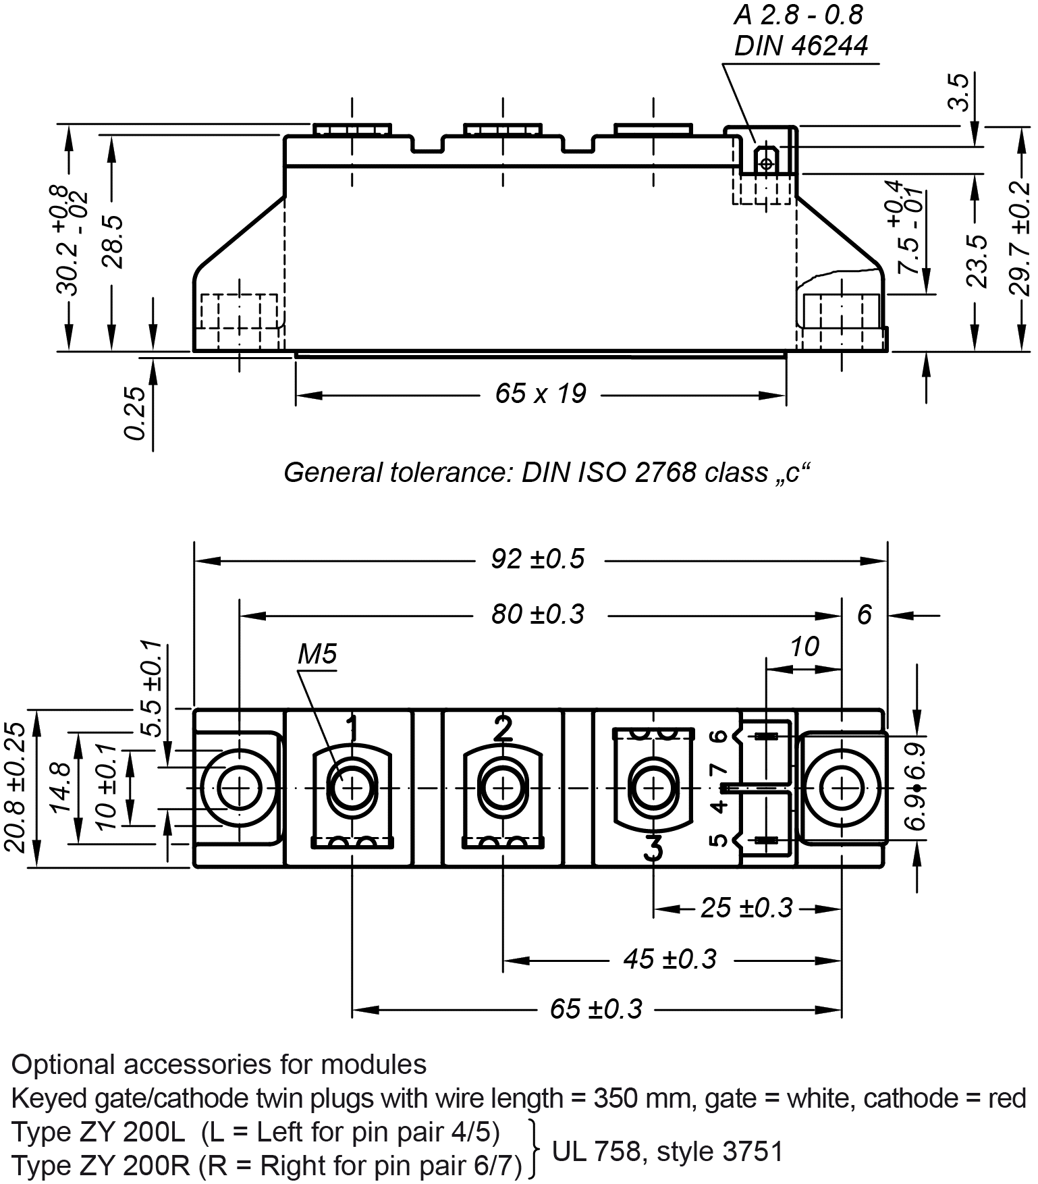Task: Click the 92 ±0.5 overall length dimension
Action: pyautogui.click(x=537, y=560)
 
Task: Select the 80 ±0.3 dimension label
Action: pyautogui.click(x=537, y=615)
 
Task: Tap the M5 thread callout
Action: pyautogui.click(x=317, y=653)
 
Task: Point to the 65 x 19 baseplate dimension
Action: pyautogui.click(x=541, y=394)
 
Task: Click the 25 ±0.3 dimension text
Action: pyautogui.click(x=746, y=908)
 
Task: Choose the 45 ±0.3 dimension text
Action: pyautogui.click(x=670, y=959)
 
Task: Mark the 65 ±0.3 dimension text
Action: pyautogui.click(x=596, y=1009)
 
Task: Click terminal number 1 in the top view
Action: pyautogui.click(x=352, y=728)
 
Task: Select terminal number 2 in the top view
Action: pyautogui.click(x=503, y=728)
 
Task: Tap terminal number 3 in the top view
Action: pyautogui.click(x=653, y=848)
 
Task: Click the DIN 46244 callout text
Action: pyautogui.click(x=801, y=46)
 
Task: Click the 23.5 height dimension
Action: pyautogui.click(x=976, y=261)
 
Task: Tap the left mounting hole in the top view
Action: pyautogui.click(x=239, y=788)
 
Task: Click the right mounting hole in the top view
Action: pyautogui.click(x=842, y=788)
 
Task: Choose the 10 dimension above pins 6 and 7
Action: pyautogui.click(x=804, y=647)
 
